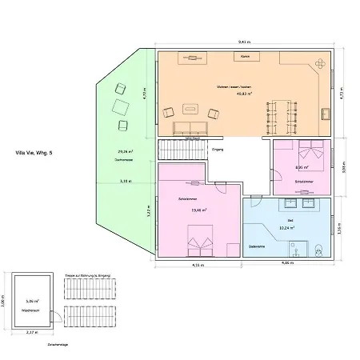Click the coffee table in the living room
click(192, 106)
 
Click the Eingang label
click(217, 150)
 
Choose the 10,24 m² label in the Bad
click(286, 227)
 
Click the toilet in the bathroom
click(318, 253)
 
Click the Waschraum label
click(32, 310)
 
